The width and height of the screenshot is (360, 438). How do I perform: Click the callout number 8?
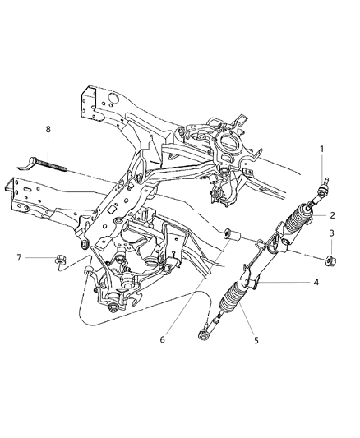(48, 129)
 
